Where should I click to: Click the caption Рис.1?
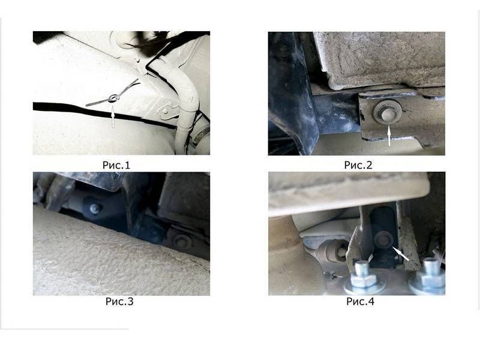click(x=116, y=166)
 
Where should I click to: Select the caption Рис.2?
click(x=358, y=165)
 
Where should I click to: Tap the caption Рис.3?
click(x=119, y=302)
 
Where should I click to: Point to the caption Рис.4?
click(x=361, y=302)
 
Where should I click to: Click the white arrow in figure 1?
click(x=113, y=116)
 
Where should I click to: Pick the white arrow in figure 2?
click(x=389, y=136)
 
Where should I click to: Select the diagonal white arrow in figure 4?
click(x=400, y=253)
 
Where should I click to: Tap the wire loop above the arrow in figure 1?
click(x=113, y=98)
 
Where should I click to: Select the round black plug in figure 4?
click(x=384, y=238)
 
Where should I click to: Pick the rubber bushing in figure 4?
click(x=332, y=251)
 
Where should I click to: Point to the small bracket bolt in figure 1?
click(x=166, y=112)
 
